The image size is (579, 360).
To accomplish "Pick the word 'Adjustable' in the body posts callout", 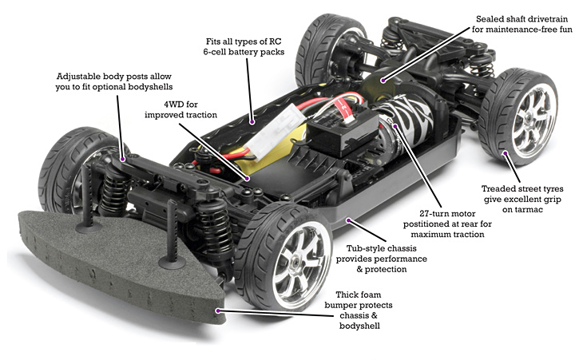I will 82,77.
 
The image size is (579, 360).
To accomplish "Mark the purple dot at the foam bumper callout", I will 218,307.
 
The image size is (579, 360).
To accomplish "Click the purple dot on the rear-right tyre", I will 505,149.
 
